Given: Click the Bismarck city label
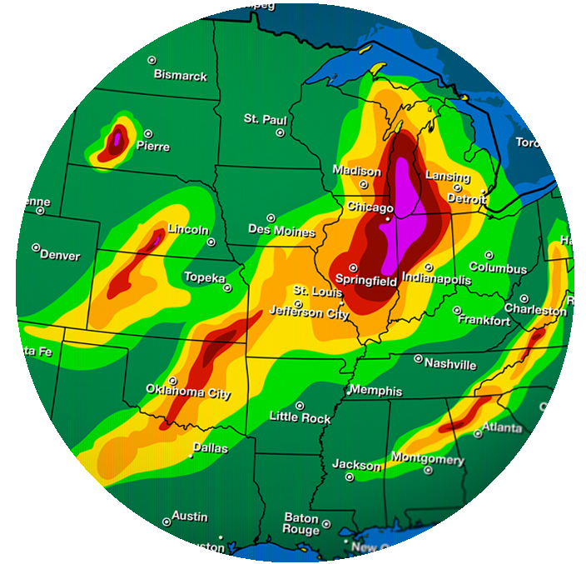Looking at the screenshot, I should (180, 76).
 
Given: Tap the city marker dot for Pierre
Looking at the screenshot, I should (148, 133).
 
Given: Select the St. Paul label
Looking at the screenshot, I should (265, 119).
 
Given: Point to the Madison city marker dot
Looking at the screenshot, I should (364, 184).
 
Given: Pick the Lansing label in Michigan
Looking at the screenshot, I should (448, 177).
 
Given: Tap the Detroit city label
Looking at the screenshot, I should (466, 200).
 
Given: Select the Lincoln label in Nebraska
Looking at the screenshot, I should (188, 229).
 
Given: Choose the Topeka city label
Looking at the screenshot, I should (204, 277).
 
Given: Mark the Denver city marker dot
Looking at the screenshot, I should (36, 247).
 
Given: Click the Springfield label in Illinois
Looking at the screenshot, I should (373, 282).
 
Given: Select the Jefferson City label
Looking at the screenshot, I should (309, 314).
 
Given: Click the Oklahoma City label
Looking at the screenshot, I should (188, 393).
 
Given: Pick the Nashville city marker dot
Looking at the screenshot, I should (419, 359).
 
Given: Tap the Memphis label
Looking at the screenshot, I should (375, 391).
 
